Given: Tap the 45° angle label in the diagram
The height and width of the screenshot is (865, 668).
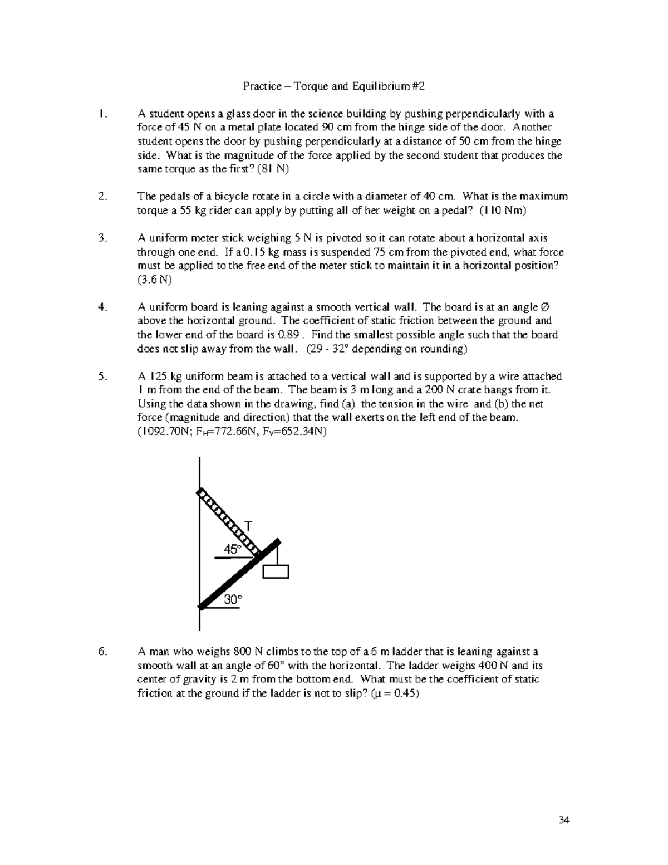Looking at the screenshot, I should tap(233, 549).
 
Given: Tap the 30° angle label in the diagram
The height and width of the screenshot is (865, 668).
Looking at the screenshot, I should tap(233, 599).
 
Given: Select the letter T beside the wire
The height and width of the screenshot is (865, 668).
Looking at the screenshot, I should tap(249, 526).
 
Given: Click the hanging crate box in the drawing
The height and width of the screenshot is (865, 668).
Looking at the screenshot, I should tap(276, 571).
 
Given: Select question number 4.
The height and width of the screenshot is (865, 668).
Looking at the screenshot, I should tap(101, 307).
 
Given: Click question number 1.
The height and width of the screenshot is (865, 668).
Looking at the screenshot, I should tap(101, 114).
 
